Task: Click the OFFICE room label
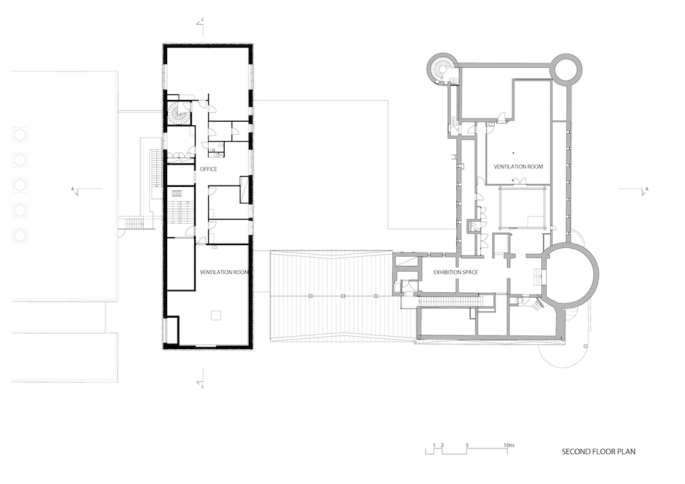208,169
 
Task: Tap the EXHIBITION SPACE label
456,272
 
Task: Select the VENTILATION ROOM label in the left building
224,272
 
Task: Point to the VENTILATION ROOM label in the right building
519,166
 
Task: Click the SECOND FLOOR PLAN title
599,451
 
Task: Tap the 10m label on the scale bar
509,445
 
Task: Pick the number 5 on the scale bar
467,445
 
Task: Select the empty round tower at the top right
567,67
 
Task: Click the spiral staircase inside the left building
179,113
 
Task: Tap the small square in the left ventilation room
216,315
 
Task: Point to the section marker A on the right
645,190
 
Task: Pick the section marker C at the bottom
203,378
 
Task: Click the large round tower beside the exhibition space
571,275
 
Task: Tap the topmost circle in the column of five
20,135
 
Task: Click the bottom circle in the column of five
20,236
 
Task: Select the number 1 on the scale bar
434,445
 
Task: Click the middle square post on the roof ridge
343,296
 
